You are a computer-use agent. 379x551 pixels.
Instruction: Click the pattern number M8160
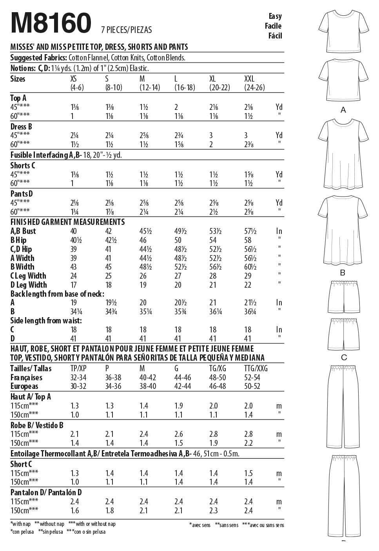point(51,23)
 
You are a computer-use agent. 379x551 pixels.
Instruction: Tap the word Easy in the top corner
point(275,16)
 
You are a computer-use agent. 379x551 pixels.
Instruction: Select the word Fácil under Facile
point(275,36)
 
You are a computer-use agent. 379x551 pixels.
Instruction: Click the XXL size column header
point(249,79)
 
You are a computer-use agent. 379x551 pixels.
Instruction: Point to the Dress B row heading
point(21,127)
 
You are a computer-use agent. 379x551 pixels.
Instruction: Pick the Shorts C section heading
point(22,165)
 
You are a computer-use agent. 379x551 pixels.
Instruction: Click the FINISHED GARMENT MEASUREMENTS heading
point(67,222)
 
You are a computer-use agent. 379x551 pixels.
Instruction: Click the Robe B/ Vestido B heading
point(37,425)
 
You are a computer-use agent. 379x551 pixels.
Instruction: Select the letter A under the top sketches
point(343,110)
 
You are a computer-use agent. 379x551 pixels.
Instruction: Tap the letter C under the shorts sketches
point(344,357)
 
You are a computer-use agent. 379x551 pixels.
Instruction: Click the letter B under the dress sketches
point(343,272)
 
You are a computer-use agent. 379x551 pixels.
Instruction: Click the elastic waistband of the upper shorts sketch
point(344,283)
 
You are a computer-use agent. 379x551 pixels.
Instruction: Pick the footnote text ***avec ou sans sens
point(263,525)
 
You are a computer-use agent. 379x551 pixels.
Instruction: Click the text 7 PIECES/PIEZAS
point(126,30)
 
